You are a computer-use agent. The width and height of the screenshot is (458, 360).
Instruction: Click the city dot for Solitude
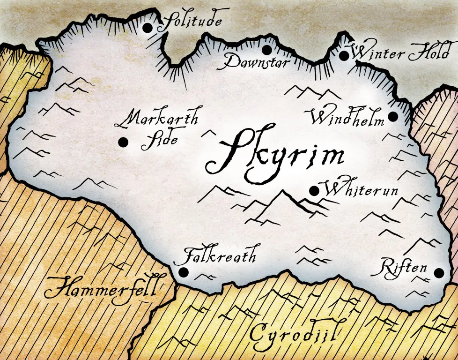point(148,28)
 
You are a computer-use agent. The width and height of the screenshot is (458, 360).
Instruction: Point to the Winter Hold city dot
point(344,56)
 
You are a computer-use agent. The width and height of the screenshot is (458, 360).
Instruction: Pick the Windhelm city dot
point(393,116)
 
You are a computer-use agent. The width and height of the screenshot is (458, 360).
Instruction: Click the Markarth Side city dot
point(124,142)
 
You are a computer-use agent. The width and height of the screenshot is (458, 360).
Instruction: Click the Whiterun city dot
point(314,191)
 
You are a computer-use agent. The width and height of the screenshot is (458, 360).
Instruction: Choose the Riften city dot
point(439,273)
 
